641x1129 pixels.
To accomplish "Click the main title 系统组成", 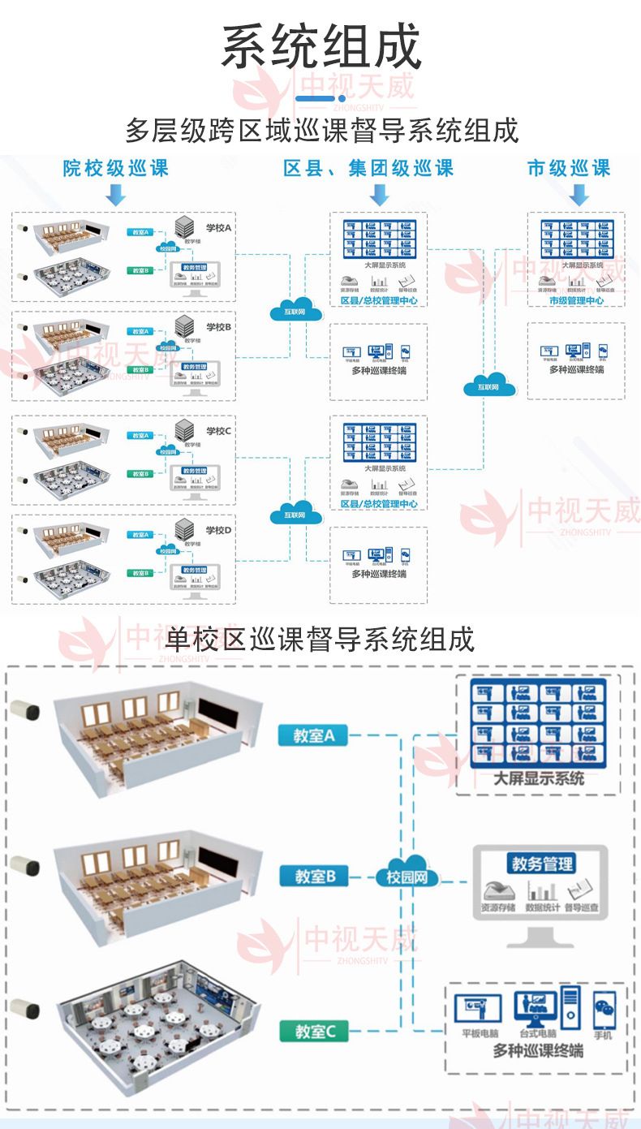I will coord(321,47).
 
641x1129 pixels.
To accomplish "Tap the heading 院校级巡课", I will coord(116,168).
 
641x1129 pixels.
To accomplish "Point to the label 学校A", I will coord(218,228).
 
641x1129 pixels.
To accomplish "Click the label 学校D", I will coord(218,530).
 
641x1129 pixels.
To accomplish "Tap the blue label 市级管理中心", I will coord(576,300).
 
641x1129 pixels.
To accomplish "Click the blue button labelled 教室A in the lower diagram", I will coord(313,735).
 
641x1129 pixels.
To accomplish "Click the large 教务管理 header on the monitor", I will coord(540,864).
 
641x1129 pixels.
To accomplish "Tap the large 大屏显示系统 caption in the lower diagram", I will coord(539,778).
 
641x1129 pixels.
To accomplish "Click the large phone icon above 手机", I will coord(603,1010).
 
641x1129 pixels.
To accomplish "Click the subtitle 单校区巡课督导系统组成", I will coord(320,640).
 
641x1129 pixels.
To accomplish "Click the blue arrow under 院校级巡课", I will coord(116,195).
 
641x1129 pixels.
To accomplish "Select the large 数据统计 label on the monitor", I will coord(541,907).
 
